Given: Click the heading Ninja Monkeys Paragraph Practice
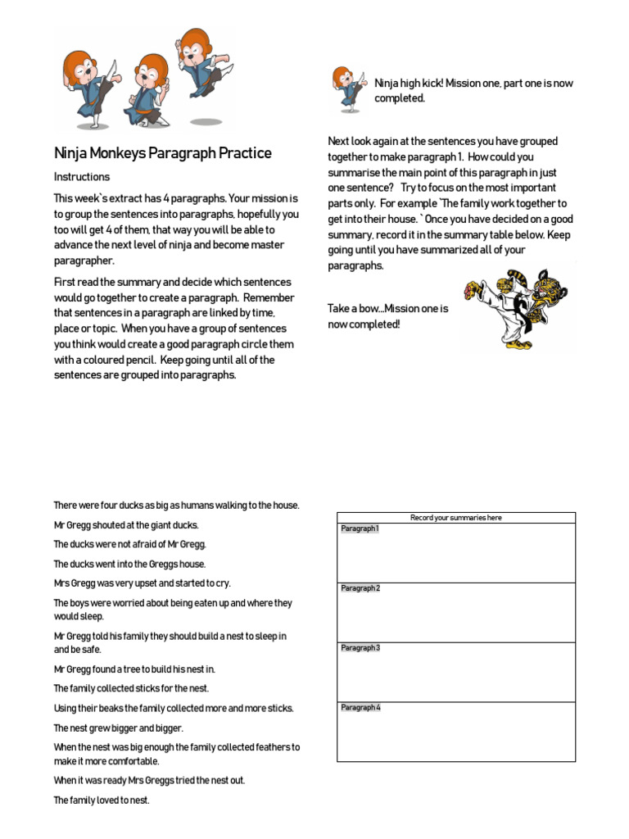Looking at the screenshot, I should coord(162,153).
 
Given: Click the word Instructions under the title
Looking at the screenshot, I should coord(82,177).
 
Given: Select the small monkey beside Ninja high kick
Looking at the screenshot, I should coord(347,89).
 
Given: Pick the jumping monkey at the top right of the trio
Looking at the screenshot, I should coord(201,66).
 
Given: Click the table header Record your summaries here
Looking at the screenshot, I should coord(456,518).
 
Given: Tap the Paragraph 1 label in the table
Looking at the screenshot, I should coord(360,529).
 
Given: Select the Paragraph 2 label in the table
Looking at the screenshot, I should coord(360,589).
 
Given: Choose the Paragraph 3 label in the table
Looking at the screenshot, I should coord(360,649).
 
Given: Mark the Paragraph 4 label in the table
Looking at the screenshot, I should coord(360,708).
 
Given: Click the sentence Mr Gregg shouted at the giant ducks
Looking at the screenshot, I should coord(126,525).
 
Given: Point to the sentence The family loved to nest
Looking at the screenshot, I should coord(102,800).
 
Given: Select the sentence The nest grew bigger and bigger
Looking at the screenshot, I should coord(119,728).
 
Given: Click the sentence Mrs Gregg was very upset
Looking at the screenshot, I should coord(143,583).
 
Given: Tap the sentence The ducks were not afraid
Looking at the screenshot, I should coord(130,545).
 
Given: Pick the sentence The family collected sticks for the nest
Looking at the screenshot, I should coord(131,689).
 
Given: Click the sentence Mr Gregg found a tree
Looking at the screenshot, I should coord(134,669).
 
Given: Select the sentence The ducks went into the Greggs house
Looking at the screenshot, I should coord(130,565).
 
